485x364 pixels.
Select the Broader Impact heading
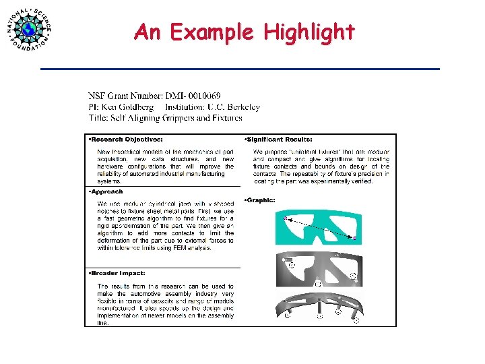[x=117, y=273]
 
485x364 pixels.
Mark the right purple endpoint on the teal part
[x=354, y=238]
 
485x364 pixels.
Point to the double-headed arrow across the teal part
[x=319, y=228]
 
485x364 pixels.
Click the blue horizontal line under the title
[x=240, y=69]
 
